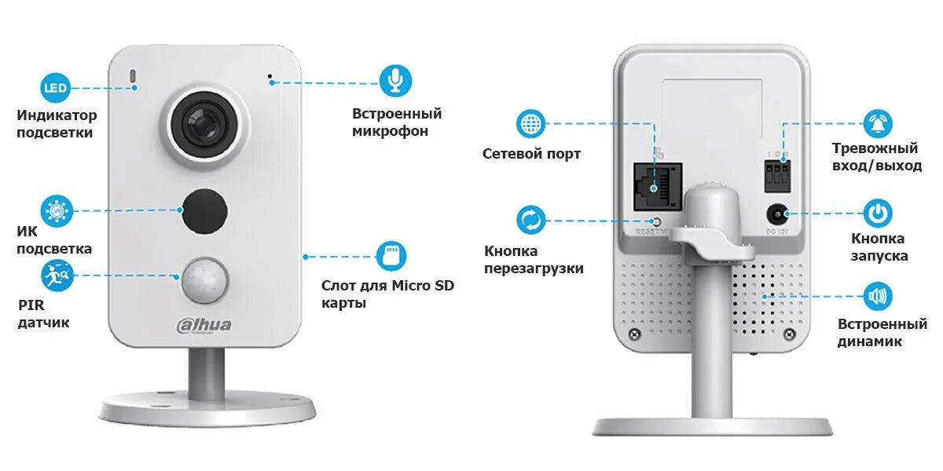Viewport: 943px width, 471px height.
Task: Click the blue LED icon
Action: click(56, 87)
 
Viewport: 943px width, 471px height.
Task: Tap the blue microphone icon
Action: click(395, 80)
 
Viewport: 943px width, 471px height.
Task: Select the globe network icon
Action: click(532, 123)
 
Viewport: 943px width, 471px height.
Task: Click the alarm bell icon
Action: click(879, 123)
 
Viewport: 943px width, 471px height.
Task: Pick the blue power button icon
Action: click(878, 214)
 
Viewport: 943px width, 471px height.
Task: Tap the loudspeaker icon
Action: click(878, 296)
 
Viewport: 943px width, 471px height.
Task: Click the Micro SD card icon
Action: click(391, 256)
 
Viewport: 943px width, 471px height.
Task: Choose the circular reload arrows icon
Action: click(531, 220)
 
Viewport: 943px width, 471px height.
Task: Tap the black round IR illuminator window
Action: click(205, 210)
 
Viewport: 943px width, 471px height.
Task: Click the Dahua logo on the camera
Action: click(204, 326)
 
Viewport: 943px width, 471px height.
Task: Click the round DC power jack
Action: click(778, 214)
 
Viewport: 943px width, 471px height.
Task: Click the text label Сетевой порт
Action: click(531, 154)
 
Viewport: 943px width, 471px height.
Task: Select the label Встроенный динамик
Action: click(882, 332)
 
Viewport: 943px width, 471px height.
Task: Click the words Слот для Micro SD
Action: click(387, 286)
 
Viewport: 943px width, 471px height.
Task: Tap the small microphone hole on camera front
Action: click(270, 79)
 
